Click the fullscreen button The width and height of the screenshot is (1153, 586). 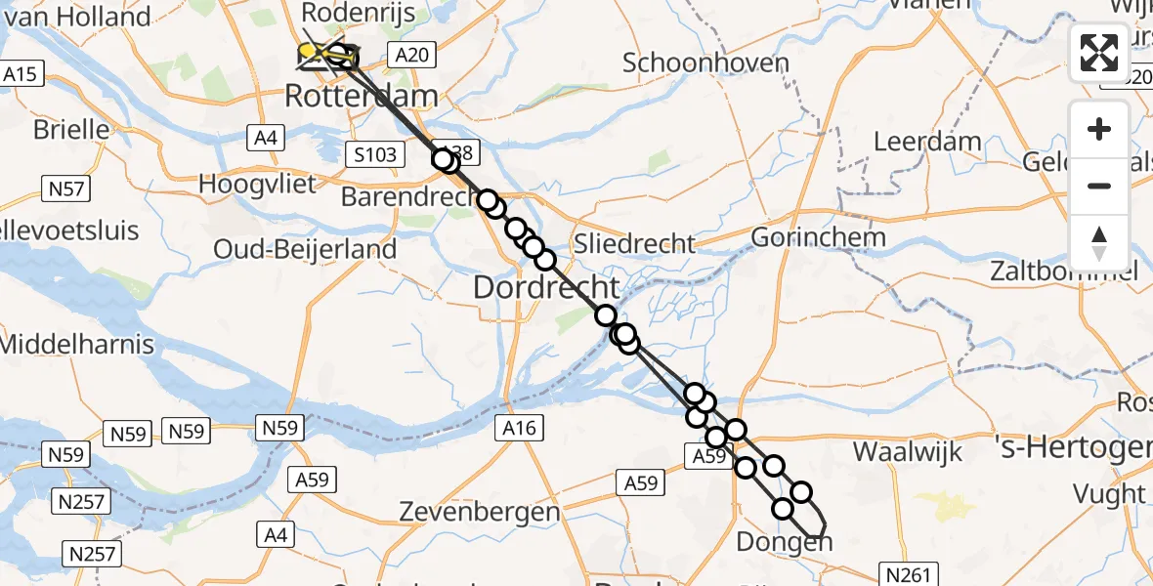point(1099,53)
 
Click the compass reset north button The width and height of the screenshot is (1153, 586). point(1099,243)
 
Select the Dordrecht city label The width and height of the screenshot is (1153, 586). point(546,287)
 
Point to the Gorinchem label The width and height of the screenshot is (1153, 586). point(818,236)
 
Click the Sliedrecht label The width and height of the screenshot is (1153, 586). point(635,243)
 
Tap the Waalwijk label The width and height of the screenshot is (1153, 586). point(908,451)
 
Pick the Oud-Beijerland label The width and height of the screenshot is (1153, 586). point(306,249)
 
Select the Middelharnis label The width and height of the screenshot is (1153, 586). point(77,344)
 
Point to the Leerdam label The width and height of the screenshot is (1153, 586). point(927,141)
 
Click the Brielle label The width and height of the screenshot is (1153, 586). point(70,129)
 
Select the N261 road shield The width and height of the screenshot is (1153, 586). point(908,574)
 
